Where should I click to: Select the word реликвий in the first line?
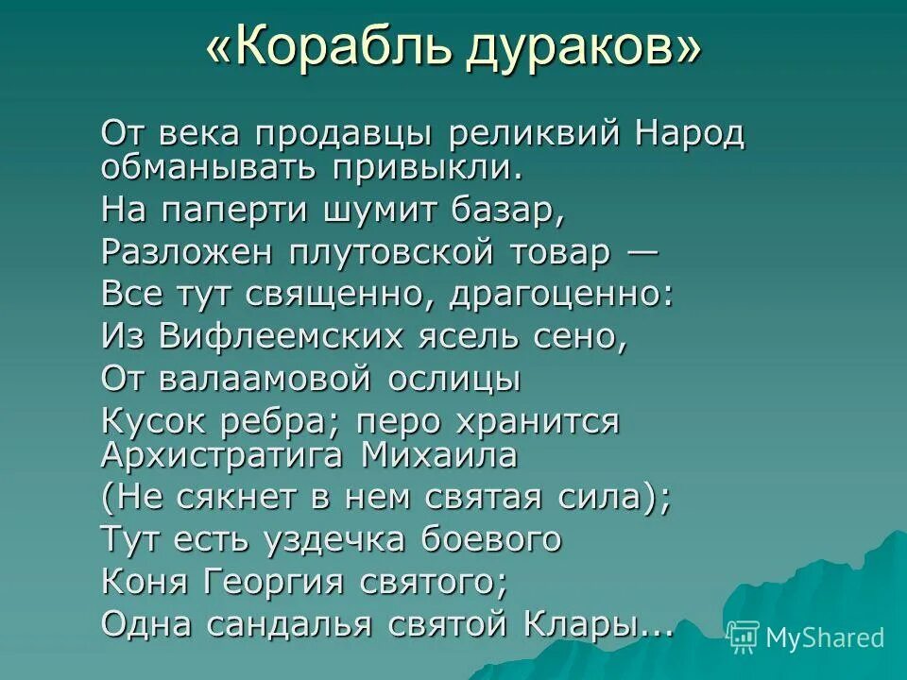pyautogui.click(x=539, y=134)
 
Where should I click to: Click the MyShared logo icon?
pyautogui.click(x=744, y=637)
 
